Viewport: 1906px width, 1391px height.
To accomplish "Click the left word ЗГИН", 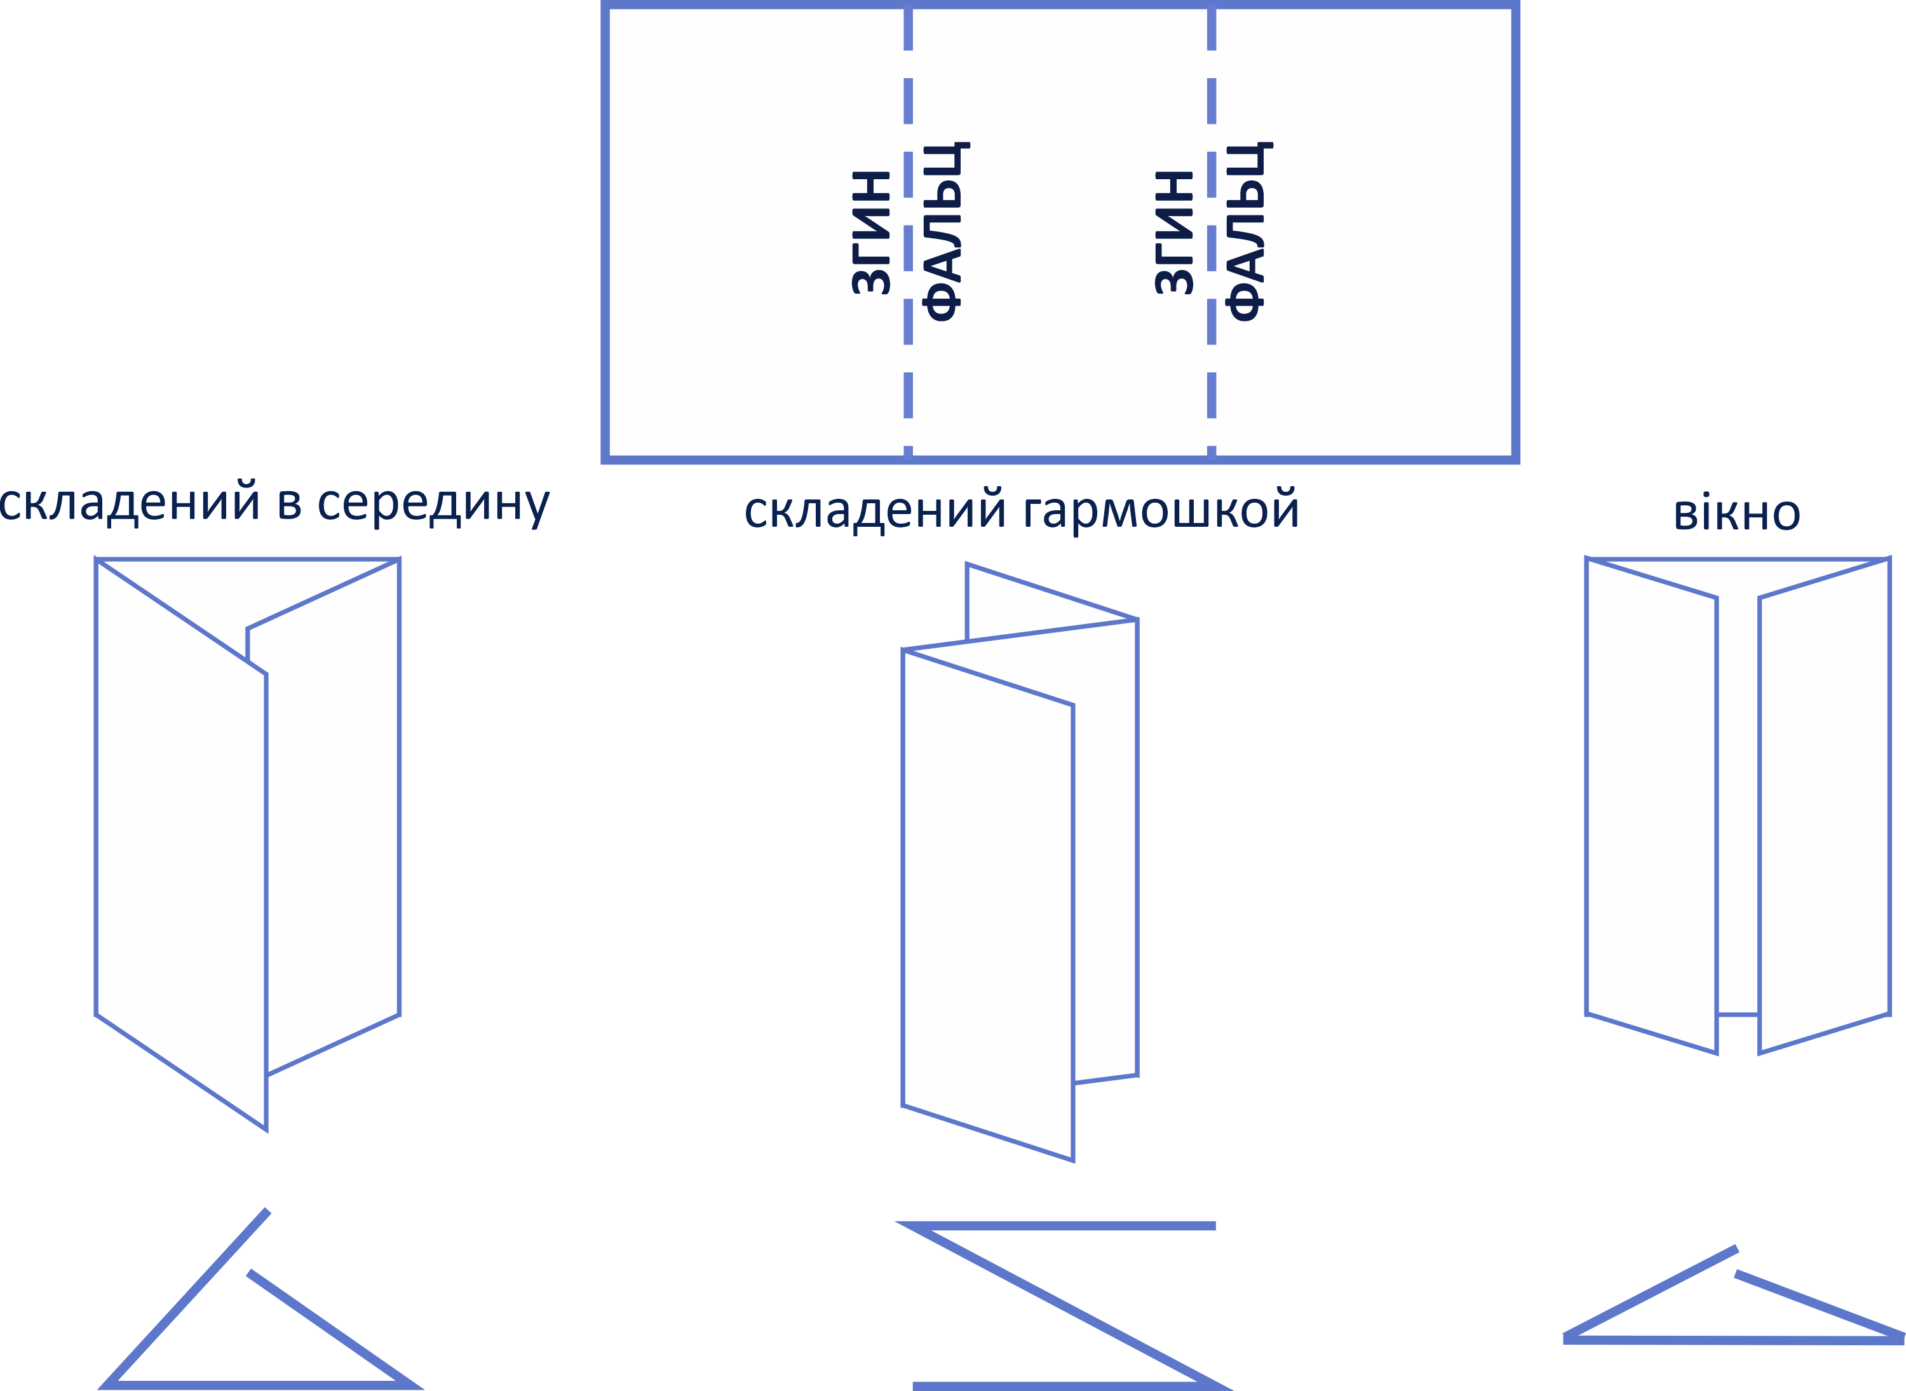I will click(871, 233).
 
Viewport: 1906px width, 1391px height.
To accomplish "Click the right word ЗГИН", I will click(1174, 233).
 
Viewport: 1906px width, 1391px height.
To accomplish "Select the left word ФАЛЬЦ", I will click(945, 233).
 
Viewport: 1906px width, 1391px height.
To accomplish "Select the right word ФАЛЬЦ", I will click(1248, 233).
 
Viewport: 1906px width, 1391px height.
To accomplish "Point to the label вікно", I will click(1737, 513).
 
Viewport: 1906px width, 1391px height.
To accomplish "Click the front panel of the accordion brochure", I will click(987, 901).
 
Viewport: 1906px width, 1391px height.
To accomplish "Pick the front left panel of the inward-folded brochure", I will click(181, 842).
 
